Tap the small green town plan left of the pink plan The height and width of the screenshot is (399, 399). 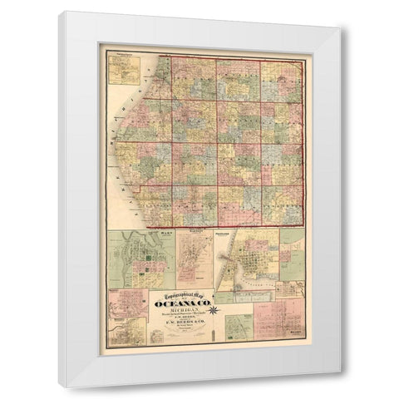click(x=239, y=329)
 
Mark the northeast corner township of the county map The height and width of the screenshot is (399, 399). click(x=280, y=80)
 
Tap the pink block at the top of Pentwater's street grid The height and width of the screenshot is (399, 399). click(x=254, y=246)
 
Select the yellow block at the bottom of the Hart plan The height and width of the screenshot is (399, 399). click(x=141, y=279)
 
